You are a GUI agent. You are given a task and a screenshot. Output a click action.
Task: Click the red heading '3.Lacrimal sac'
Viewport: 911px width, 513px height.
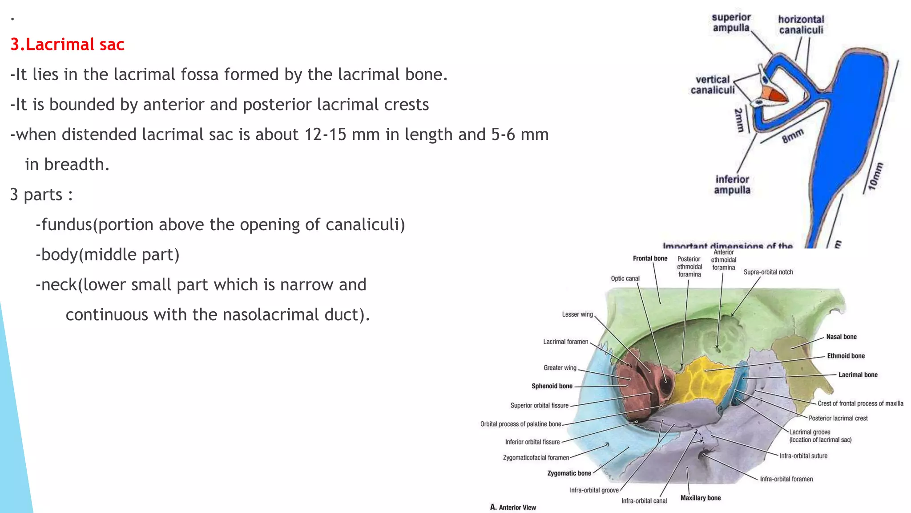tap(67, 45)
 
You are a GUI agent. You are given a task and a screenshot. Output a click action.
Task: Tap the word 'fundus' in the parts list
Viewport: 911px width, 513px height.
tap(66, 224)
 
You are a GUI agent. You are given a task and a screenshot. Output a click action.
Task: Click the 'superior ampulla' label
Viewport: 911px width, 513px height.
tap(731, 23)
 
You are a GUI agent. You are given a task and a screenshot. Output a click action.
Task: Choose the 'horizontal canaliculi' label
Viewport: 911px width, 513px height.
tap(801, 24)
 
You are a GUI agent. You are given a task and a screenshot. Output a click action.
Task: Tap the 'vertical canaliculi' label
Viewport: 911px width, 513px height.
tap(713, 85)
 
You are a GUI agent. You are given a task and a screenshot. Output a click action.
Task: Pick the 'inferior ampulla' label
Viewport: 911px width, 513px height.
tap(732, 184)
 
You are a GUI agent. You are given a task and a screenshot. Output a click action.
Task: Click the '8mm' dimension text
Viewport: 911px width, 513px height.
tap(793, 136)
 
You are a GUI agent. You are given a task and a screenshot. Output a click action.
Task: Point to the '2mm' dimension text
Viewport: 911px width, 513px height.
tap(739, 120)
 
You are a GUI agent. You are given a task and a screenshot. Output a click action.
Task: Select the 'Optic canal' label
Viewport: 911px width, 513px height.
tap(625, 278)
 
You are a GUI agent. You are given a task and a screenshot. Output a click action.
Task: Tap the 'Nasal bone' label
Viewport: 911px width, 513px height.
tap(841, 337)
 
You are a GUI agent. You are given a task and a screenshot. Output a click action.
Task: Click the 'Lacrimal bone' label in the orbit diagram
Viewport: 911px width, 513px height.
tap(858, 375)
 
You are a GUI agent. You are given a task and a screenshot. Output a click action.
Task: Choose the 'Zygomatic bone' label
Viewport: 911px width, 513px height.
tap(569, 473)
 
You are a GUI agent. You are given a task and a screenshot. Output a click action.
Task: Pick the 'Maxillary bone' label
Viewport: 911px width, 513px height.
tap(700, 498)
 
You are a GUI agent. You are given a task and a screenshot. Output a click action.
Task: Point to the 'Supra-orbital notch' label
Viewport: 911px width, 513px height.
tap(768, 272)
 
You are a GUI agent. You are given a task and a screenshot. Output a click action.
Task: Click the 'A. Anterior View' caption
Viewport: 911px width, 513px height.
tap(513, 507)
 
